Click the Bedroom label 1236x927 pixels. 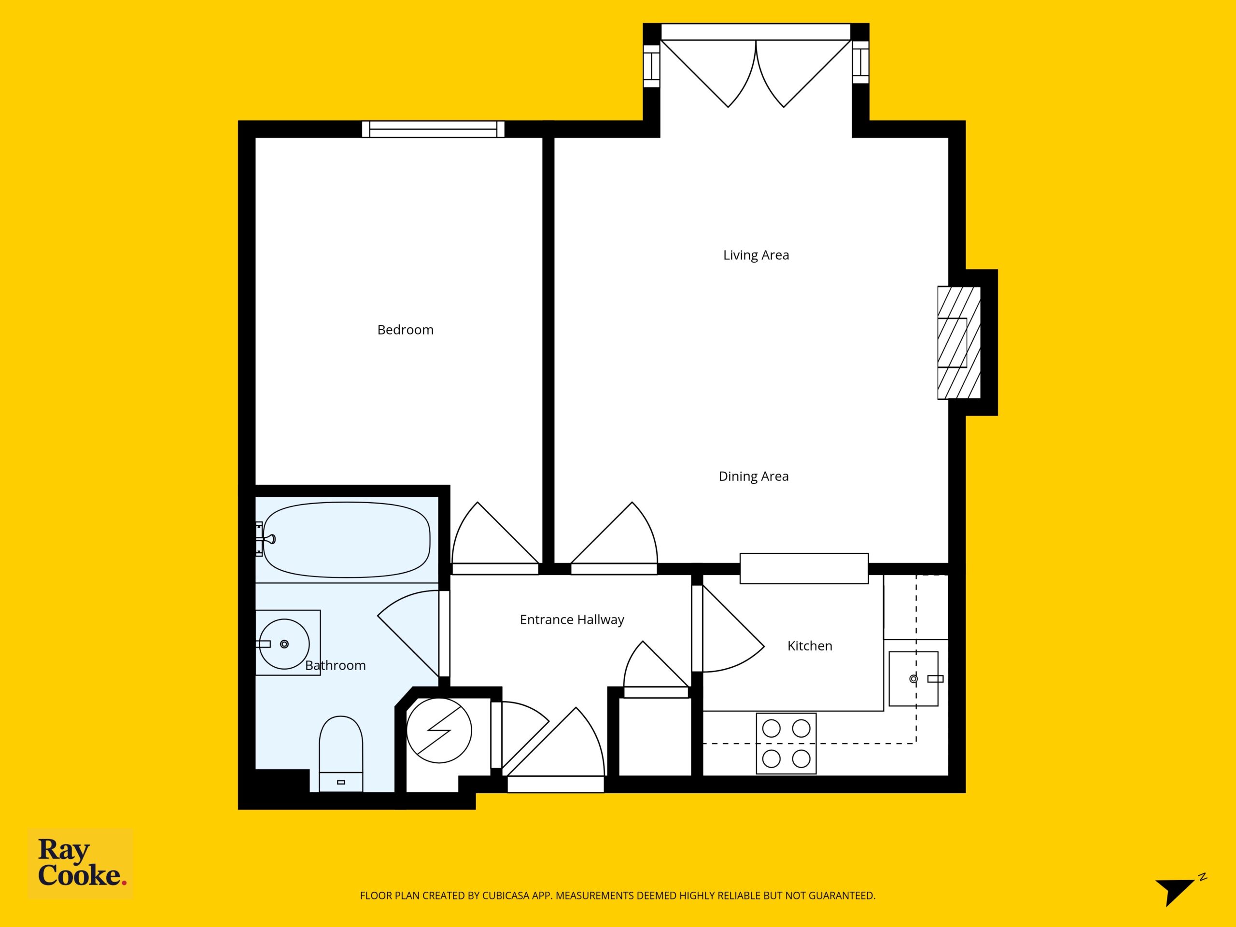pyautogui.click(x=405, y=330)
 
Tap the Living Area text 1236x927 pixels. pyautogui.click(x=756, y=255)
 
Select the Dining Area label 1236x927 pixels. pyautogui.click(x=753, y=476)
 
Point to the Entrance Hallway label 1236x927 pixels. pyautogui.click(x=572, y=619)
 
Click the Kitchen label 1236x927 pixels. pyautogui.click(x=810, y=646)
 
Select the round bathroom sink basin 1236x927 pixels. pyautogui.click(x=284, y=644)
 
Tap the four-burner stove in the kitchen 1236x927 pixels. pyautogui.click(x=786, y=743)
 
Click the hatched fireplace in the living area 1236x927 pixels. pyautogui.click(x=959, y=342)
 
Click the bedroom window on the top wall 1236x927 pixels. pyautogui.click(x=433, y=129)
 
